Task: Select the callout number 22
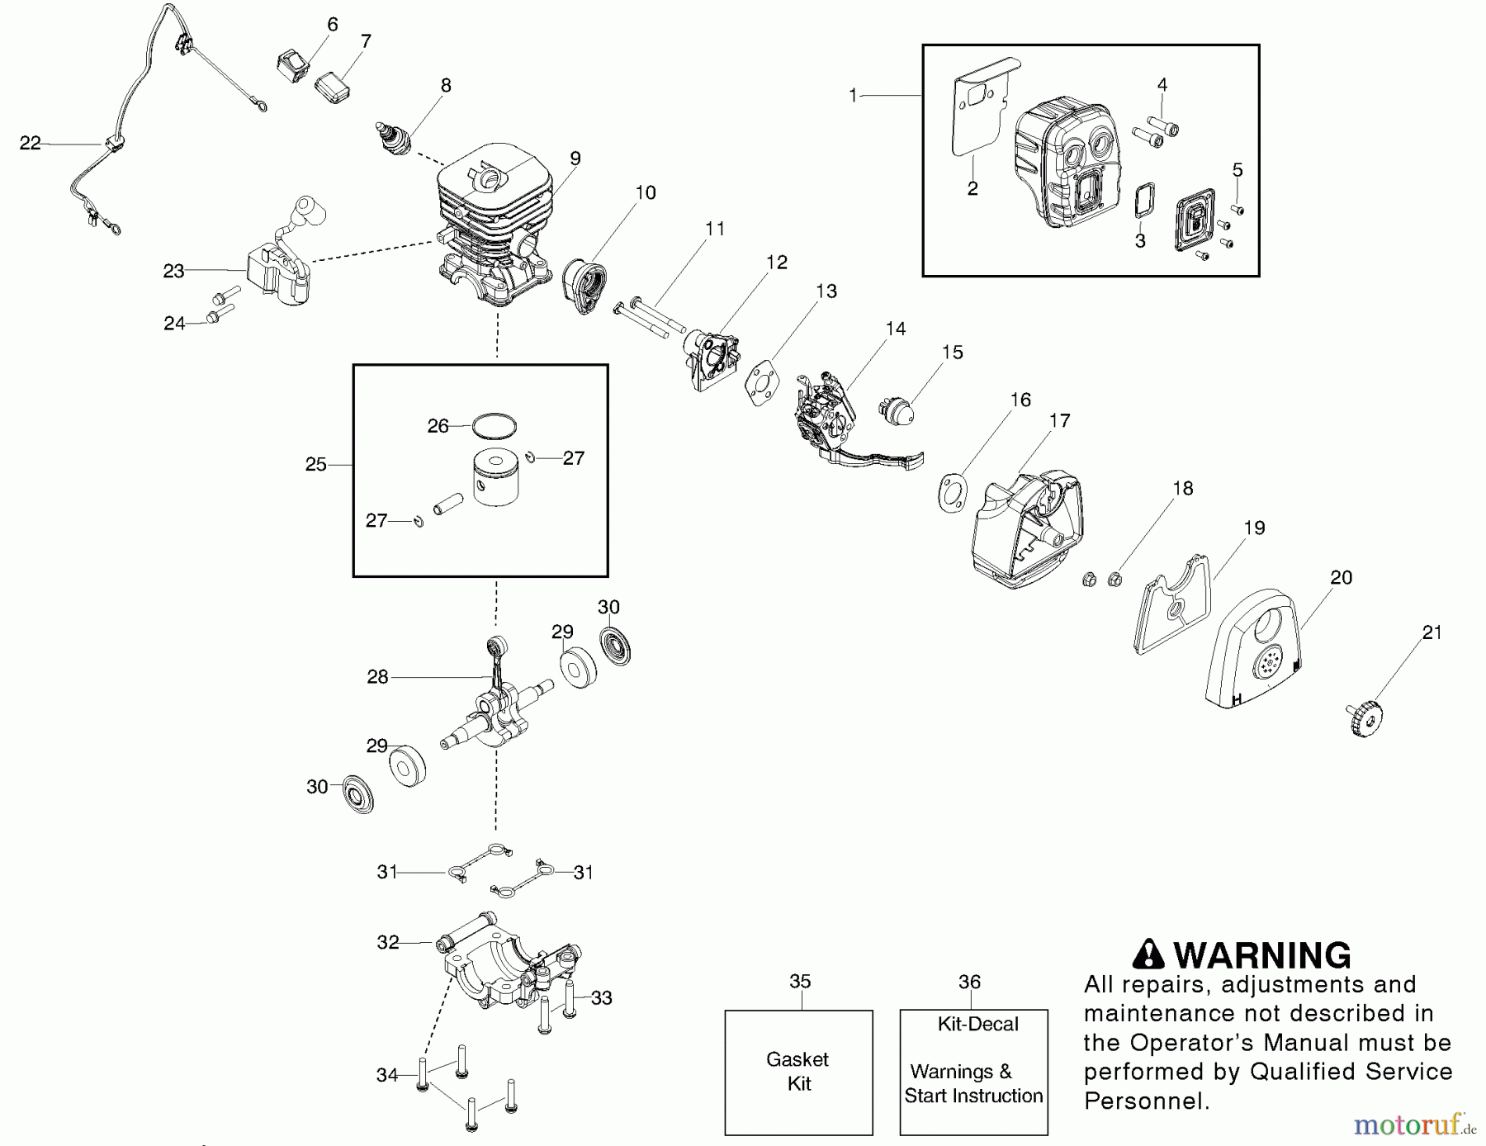pos(31,144)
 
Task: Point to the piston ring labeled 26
pos(495,424)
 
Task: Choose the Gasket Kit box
pos(798,1072)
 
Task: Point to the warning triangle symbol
pos(1148,954)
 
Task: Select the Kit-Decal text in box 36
pos(977,1025)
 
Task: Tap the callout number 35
pos(800,982)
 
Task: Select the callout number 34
pos(386,1075)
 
